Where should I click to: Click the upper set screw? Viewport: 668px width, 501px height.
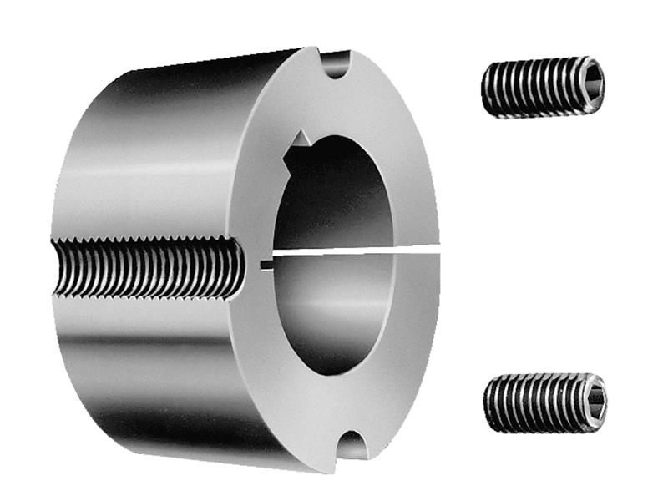[543, 86]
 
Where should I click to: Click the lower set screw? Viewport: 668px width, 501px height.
[544, 402]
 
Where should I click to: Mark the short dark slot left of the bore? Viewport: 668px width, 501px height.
[266, 266]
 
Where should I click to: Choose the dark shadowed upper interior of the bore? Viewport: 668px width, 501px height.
[334, 192]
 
